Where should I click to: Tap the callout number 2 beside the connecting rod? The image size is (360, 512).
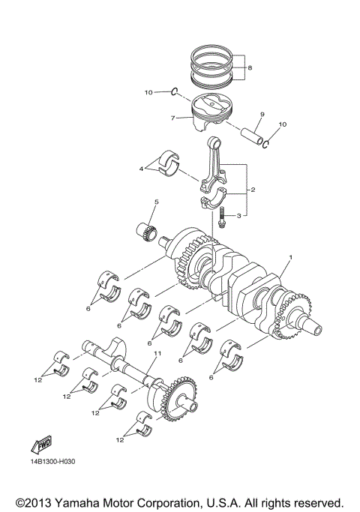pyautogui.click(x=253, y=190)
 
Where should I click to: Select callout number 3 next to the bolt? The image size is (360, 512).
pyautogui.click(x=238, y=216)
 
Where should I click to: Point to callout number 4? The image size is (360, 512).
pyautogui.click(x=141, y=169)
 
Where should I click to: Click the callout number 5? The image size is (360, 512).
pyautogui.click(x=156, y=202)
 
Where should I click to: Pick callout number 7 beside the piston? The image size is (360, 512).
pyautogui.click(x=172, y=118)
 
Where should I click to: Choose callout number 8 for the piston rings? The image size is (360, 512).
pyautogui.click(x=250, y=67)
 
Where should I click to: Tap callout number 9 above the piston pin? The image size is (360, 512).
pyautogui.click(x=262, y=114)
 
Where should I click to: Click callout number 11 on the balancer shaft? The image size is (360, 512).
pyautogui.click(x=157, y=353)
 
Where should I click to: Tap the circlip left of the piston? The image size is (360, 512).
pyautogui.click(x=174, y=92)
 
